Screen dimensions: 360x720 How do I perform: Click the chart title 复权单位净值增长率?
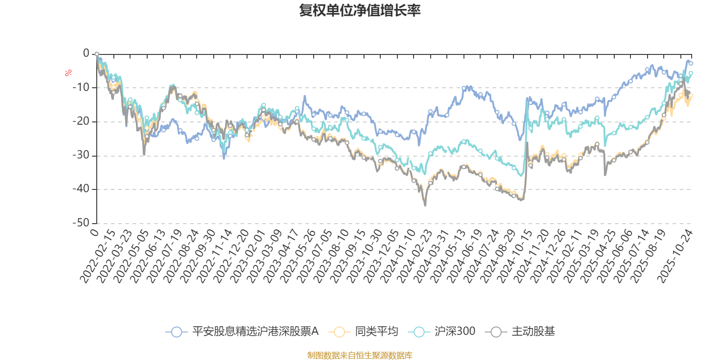pos(360,10)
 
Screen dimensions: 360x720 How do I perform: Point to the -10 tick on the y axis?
pos(81,87)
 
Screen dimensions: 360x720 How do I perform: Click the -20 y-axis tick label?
pos(81,121)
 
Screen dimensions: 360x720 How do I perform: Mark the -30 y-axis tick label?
pos(81,155)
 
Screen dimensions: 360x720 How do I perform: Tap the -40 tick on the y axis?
pos(81,189)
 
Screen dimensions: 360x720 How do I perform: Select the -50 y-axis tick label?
pos(81,223)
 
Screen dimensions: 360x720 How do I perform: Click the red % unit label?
pos(68,73)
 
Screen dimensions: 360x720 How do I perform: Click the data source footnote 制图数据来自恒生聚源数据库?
pos(360,355)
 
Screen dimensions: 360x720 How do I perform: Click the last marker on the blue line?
pos(691,63)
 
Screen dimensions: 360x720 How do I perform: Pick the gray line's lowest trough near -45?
pos(425,206)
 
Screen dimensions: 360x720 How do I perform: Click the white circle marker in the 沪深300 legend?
pos(419,332)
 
